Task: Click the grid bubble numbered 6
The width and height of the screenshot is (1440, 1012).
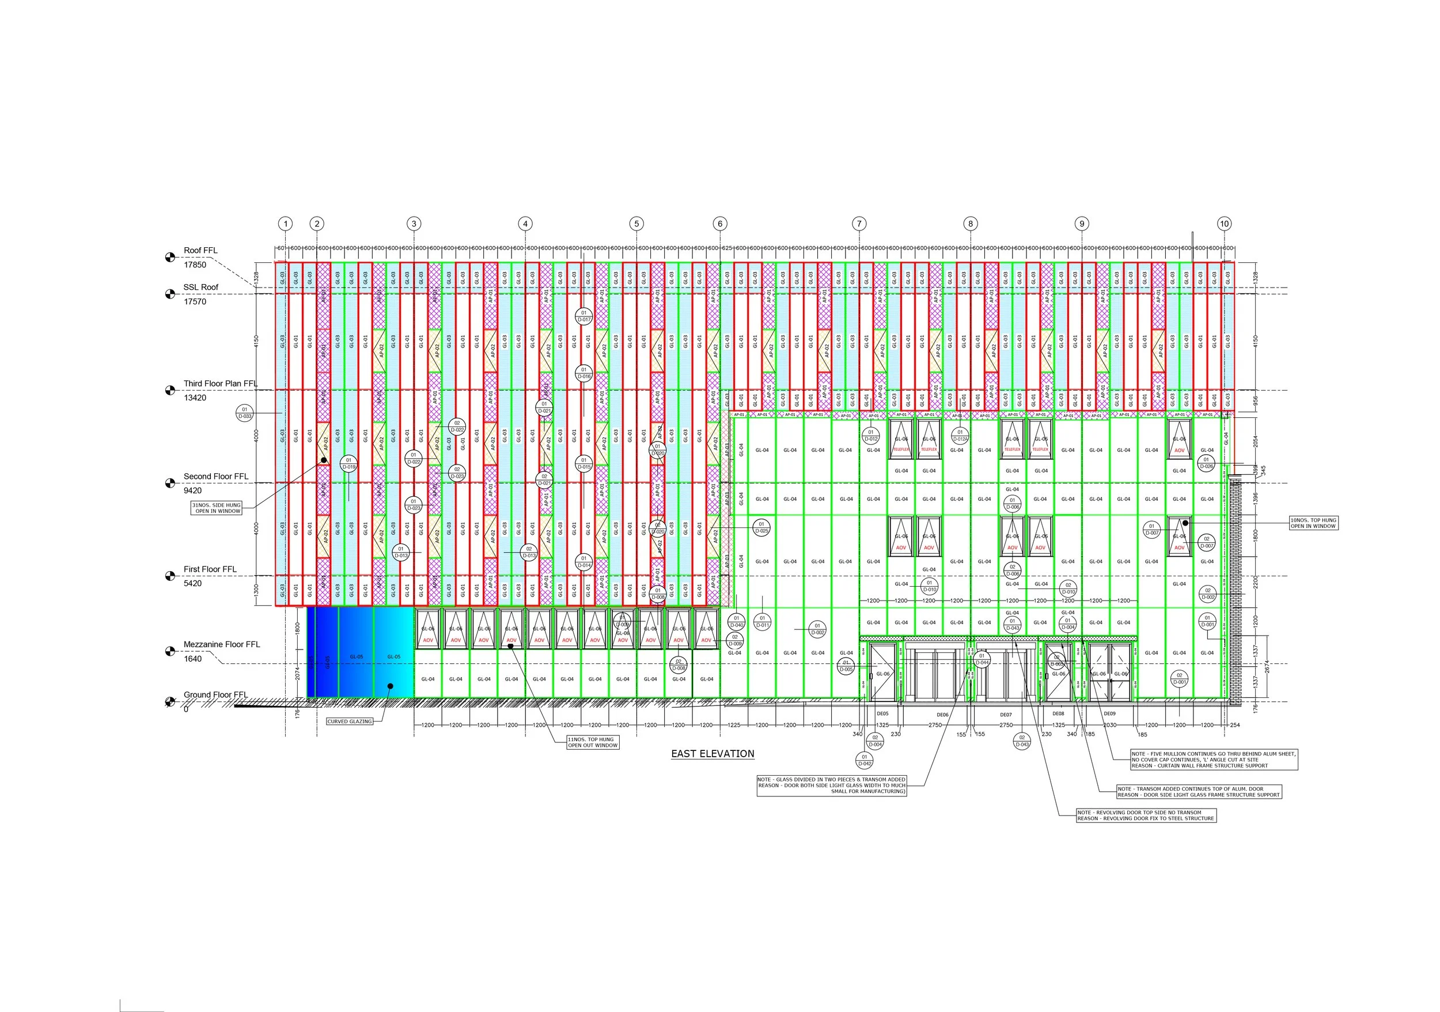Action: click(719, 224)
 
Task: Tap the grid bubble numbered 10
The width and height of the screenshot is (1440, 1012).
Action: click(1223, 224)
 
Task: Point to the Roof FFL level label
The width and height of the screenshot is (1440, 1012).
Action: click(200, 250)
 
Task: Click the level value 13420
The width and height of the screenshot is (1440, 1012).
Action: click(195, 398)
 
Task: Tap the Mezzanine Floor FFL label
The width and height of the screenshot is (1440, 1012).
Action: click(221, 644)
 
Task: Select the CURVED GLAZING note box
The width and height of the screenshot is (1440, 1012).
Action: click(349, 722)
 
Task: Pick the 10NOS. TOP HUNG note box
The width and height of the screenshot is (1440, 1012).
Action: click(1313, 523)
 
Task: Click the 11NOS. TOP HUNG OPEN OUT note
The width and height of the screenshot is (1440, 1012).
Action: click(593, 742)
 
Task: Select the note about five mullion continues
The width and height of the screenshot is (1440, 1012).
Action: click(1214, 760)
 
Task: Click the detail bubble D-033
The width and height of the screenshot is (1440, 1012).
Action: click(245, 413)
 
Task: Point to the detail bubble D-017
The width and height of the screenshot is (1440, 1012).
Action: click(583, 316)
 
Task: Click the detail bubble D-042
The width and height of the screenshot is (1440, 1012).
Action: click(863, 760)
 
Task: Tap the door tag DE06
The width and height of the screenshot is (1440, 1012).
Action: click(943, 715)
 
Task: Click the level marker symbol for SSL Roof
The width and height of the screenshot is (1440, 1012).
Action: click(169, 293)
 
